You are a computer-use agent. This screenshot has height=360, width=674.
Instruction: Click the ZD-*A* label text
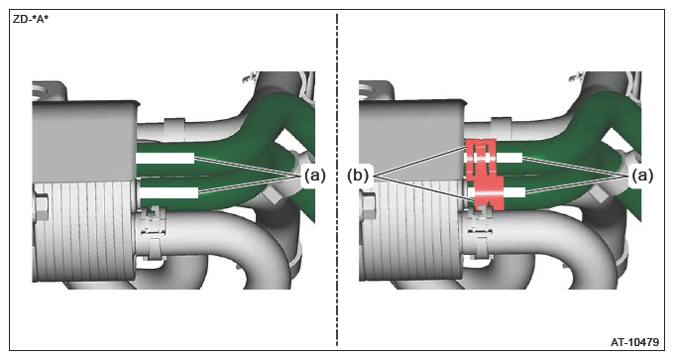[31, 20]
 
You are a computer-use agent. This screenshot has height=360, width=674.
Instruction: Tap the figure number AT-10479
[634, 342]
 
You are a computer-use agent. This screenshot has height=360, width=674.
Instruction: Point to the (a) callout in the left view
[314, 176]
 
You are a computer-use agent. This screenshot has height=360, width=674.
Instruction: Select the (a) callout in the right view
[642, 176]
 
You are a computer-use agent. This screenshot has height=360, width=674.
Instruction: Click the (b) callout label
[358, 176]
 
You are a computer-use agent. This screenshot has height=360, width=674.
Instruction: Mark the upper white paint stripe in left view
[166, 159]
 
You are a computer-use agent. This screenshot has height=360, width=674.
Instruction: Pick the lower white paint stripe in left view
[168, 192]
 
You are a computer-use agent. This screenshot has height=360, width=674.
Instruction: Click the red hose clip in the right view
[485, 175]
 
